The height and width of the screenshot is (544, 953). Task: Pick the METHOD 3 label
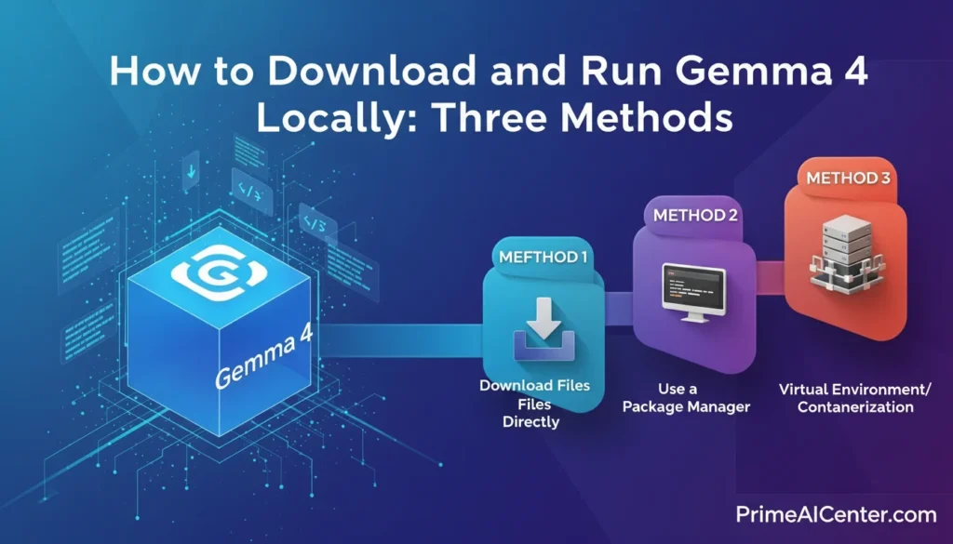coord(846,178)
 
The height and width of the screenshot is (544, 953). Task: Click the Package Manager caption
coord(686,406)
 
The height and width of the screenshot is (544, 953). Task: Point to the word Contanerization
coord(855,406)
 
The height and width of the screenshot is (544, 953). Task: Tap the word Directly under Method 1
coord(530,421)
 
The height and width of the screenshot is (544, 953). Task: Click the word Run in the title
coord(611,73)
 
